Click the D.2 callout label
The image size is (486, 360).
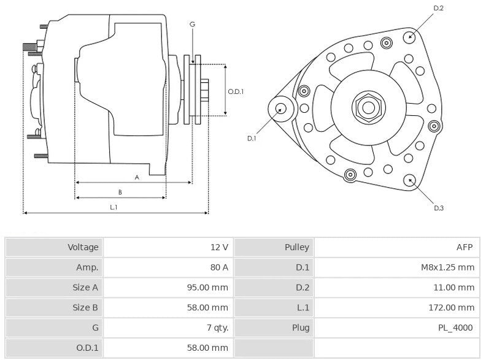pyautogui.click(x=438, y=8)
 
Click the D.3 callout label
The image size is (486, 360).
pyautogui.click(x=438, y=209)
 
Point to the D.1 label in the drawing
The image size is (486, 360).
pyautogui.click(x=252, y=139)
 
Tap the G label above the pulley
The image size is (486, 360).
pyautogui.click(x=192, y=24)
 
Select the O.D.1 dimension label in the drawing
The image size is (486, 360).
pyautogui.click(x=236, y=91)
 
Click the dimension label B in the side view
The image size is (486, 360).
pyautogui.click(x=120, y=192)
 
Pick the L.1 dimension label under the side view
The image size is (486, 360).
pyautogui.click(x=114, y=207)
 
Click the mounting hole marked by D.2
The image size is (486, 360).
pyautogui.click(x=410, y=36)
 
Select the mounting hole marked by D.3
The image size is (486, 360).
pyautogui.click(x=410, y=180)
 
